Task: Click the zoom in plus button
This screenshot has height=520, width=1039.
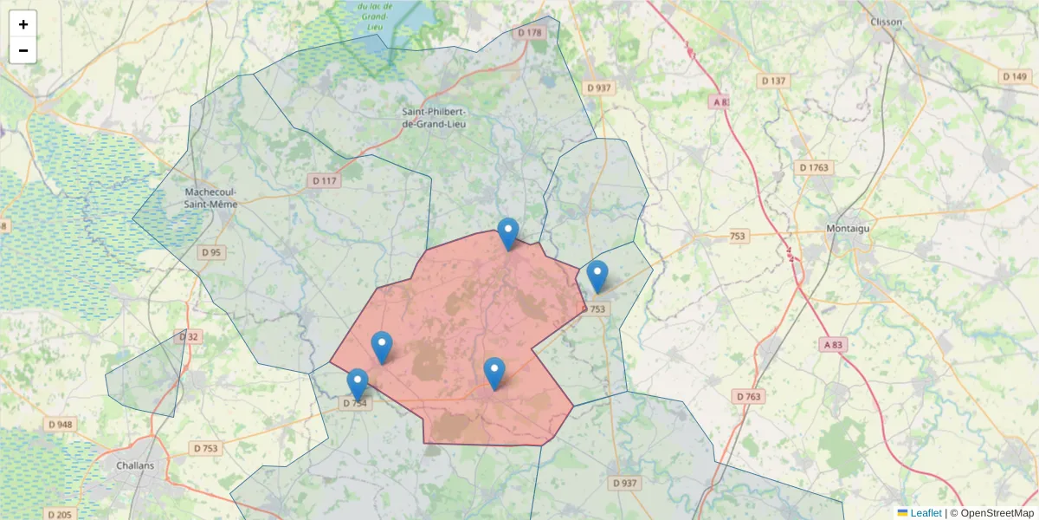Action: click(23, 24)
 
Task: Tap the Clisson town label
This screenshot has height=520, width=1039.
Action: click(886, 22)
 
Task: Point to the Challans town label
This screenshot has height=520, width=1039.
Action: click(134, 465)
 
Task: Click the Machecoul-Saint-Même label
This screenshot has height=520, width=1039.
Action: click(211, 198)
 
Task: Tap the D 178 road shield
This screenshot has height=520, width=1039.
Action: click(529, 33)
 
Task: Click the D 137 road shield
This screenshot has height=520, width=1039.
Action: click(773, 81)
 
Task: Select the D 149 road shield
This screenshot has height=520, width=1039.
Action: click(1016, 76)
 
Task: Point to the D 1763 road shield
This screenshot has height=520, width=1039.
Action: click(815, 167)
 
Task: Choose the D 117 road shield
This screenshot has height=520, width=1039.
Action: click(324, 181)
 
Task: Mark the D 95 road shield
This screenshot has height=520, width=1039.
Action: click(211, 252)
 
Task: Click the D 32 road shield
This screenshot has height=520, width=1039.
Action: click(189, 336)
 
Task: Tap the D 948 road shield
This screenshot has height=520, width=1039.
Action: click(60, 425)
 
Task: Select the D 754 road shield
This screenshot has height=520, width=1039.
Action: click(356, 403)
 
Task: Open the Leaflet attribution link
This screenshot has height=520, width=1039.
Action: click(925, 513)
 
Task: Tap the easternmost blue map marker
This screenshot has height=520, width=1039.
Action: click(597, 276)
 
